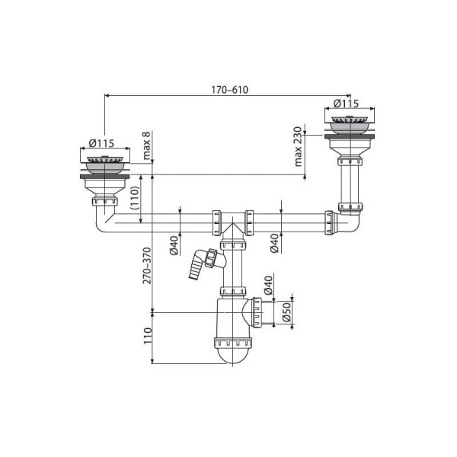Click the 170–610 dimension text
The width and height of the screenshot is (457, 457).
click(228, 89)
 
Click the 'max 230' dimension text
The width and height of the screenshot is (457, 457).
click(299, 147)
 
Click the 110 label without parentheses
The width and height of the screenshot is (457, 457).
click(147, 335)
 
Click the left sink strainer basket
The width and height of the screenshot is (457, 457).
click(104, 161)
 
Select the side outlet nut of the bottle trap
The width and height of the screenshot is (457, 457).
click(260, 312)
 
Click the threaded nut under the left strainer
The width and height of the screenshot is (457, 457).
click(104, 201)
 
